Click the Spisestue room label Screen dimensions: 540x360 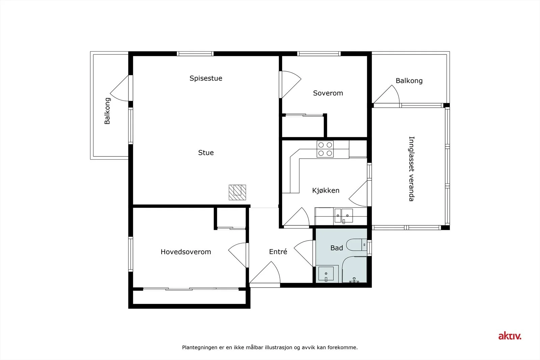(206, 78)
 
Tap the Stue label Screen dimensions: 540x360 (206, 153)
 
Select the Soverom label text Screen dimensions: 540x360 (328, 93)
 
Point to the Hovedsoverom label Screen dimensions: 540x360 (186, 252)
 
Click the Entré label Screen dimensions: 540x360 (278, 252)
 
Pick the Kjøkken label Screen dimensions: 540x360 (326, 190)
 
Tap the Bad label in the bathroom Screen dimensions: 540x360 (336, 248)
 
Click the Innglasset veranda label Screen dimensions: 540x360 (411, 169)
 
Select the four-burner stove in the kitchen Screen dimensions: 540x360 (325, 149)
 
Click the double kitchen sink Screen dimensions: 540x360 (343, 216)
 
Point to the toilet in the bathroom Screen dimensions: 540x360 (356, 245)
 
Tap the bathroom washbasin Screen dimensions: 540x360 (326, 274)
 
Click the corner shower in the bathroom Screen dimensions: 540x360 (354, 269)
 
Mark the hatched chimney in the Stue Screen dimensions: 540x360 (237, 192)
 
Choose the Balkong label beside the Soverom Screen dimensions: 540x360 (409, 81)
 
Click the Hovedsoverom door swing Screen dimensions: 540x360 (238, 255)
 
